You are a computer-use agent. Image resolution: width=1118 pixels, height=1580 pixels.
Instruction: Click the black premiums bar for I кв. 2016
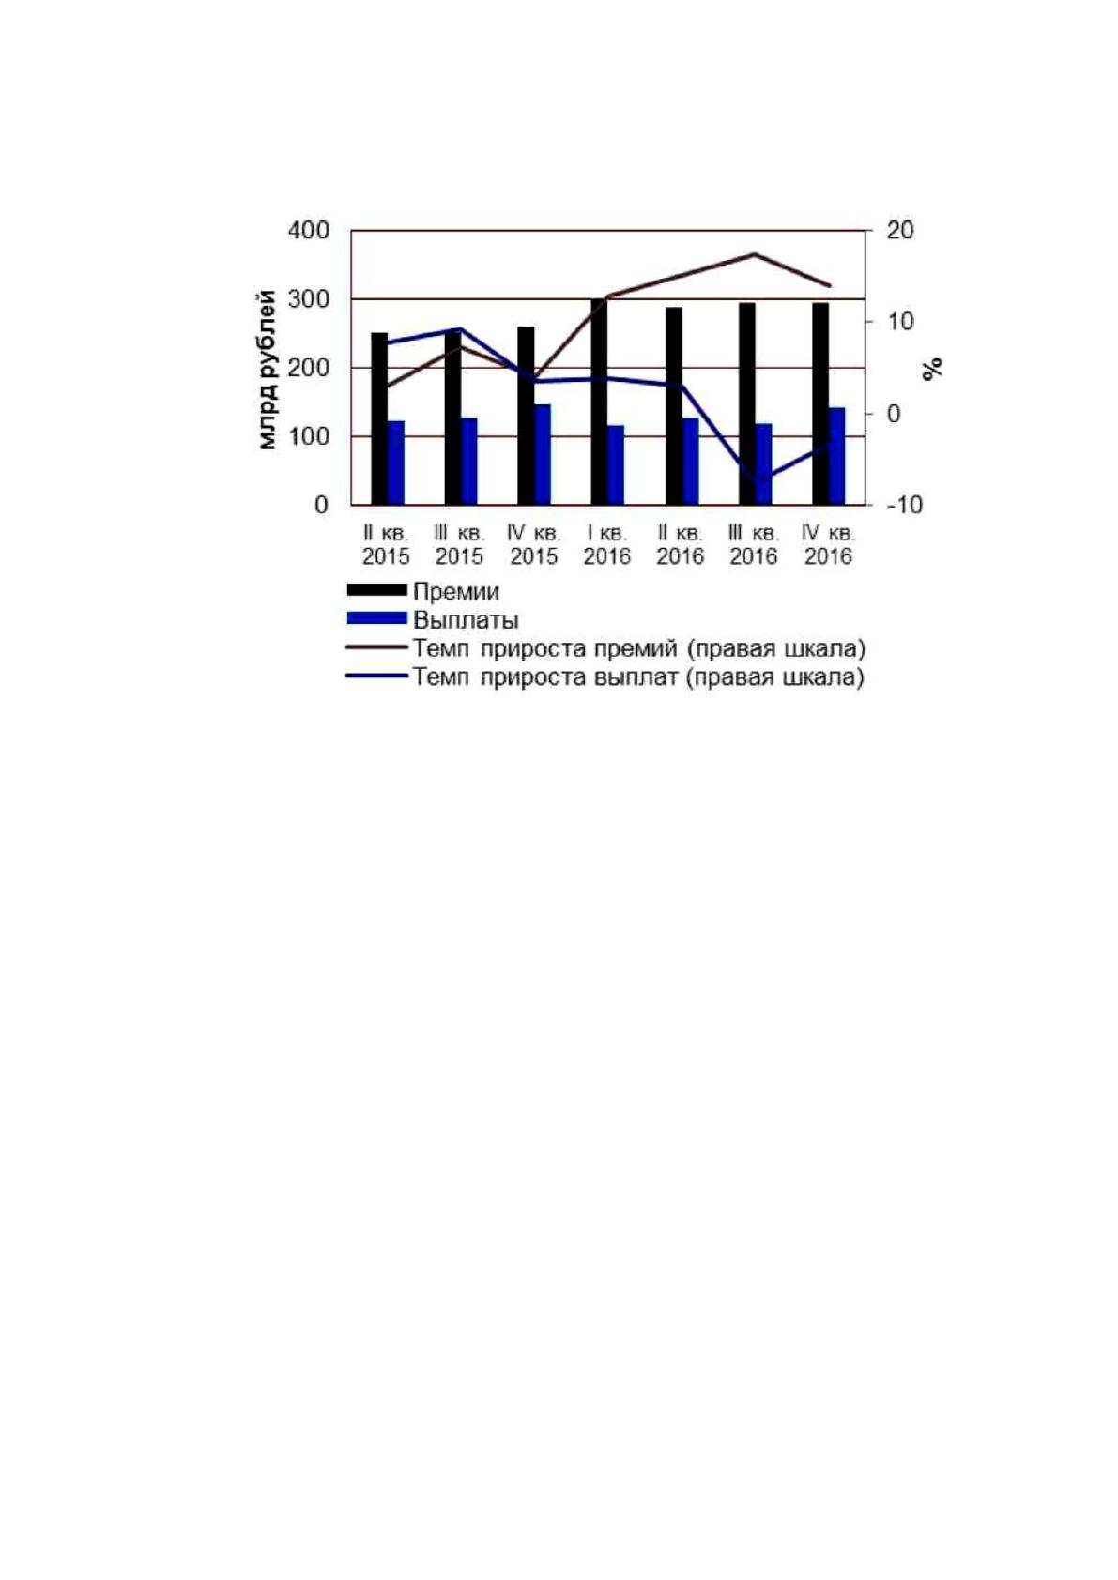[599, 402]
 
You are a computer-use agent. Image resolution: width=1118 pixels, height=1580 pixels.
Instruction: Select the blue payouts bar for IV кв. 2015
[543, 455]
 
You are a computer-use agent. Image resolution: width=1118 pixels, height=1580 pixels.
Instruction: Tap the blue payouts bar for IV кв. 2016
[836, 456]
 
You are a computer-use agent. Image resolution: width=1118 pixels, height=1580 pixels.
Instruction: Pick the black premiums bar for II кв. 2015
[380, 418]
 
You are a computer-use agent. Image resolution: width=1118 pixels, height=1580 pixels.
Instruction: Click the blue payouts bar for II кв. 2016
[690, 462]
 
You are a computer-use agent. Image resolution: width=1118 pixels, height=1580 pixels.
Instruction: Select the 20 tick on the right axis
[899, 231]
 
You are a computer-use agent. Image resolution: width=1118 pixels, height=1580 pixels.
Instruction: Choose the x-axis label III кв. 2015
[459, 544]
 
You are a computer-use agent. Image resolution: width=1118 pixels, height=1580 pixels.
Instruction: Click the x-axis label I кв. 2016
[607, 544]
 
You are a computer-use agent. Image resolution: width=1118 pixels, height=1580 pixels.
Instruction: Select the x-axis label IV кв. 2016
[828, 544]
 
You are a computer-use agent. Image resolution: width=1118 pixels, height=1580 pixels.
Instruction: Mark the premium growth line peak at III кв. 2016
[755, 254]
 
